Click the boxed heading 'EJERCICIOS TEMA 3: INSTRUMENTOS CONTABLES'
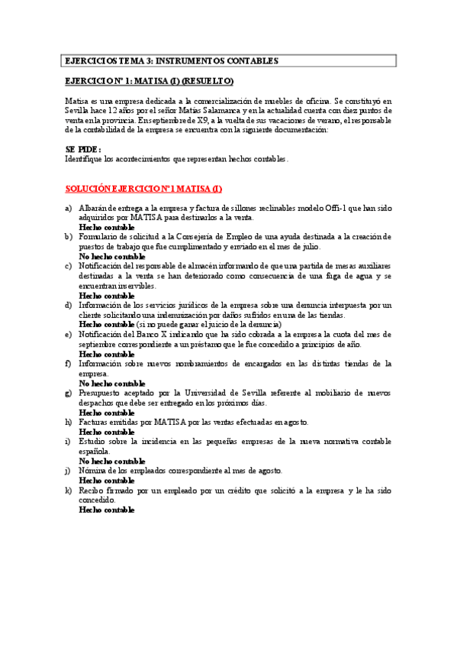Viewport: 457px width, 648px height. click(x=172, y=60)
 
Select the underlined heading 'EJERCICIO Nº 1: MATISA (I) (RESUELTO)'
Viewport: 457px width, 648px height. click(x=150, y=81)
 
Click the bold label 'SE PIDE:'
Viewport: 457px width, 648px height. click(x=83, y=150)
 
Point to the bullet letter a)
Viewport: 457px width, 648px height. click(x=69, y=209)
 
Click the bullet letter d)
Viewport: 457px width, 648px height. click(x=69, y=305)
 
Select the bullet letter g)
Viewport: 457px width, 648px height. click(x=69, y=392)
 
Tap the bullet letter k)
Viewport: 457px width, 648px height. click(x=69, y=489)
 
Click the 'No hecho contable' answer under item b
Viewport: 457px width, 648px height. click(x=112, y=257)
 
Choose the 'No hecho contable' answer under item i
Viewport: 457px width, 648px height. click(x=112, y=461)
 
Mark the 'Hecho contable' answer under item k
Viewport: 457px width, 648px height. click(x=107, y=509)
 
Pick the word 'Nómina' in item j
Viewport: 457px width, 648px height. click(x=95, y=470)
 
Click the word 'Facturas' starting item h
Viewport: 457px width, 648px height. click(x=96, y=421)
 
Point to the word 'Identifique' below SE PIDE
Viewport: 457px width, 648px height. click(x=88, y=160)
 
